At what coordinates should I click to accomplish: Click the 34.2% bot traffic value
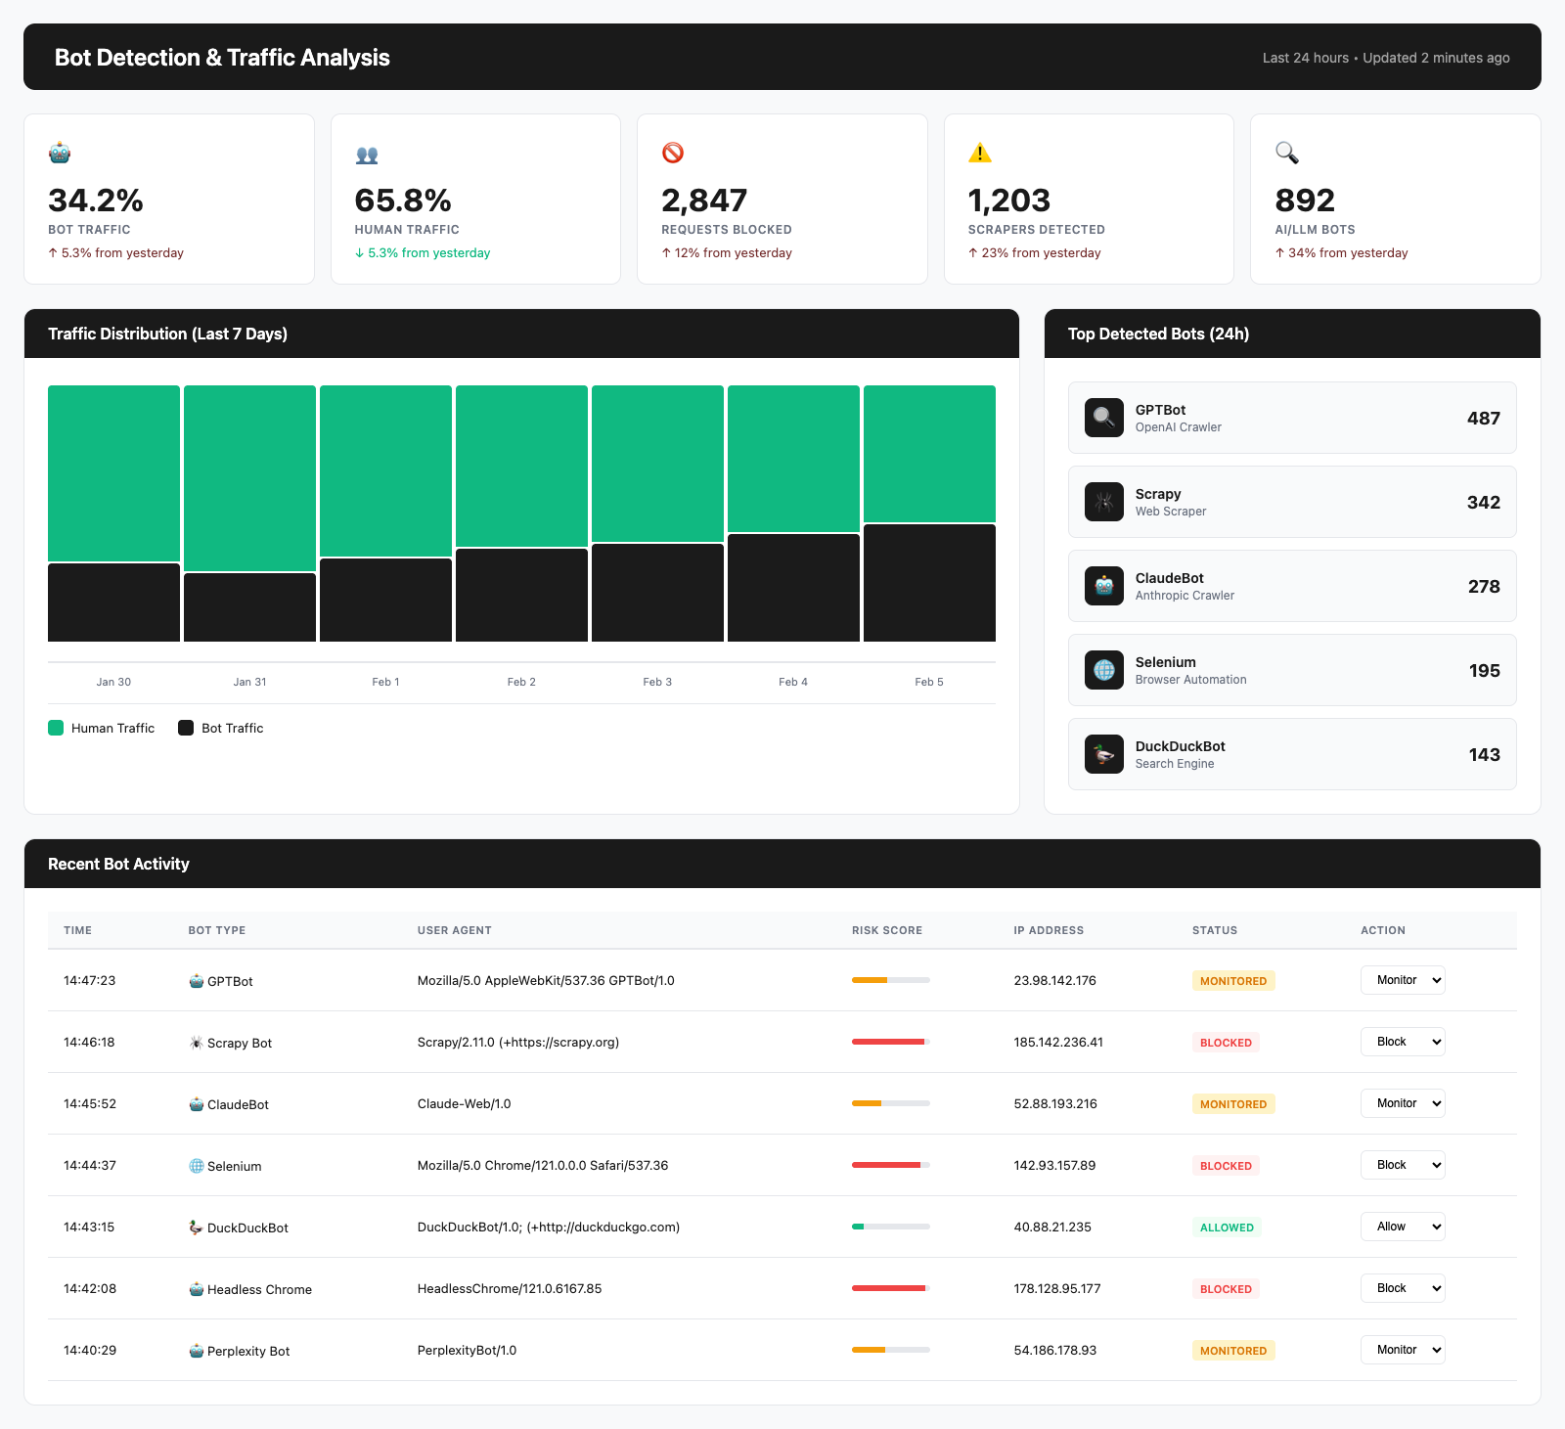pyautogui.click(x=96, y=201)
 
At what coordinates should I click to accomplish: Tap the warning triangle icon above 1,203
pyautogui.click(x=979, y=153)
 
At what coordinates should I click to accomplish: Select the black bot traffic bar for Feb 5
pyautogui.click(x=929, y=583)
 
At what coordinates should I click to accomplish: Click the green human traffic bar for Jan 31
pyautogui.click(x=249, y=477)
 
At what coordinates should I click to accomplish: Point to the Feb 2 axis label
pyautogui.click(x=521, y=682)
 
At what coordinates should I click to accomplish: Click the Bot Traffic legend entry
pyautogui.click(x=221, y=728)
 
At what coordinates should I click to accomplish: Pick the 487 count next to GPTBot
pyautogui.click(x=1483, y=419)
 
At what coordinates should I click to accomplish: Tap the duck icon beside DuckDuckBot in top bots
pyautogui.click(x=1104, y=754)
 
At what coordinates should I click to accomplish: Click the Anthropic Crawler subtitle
pyautogui.click(x=1185, y=596)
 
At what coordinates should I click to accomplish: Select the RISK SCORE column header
pyautogui.click(x=886, y=930)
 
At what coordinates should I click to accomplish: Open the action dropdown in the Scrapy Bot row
pyautogui.click(x=1403, y=1042)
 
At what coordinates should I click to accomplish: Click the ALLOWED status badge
pyautogui.click(x=1227, y=1228)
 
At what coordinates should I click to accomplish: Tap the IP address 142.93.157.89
pyautogui.click(x=1054, y=1166)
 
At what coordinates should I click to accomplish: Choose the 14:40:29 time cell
pyautogui.click(x=90, y=1351)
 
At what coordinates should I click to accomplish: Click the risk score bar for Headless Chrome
pyautogui.click(x=890, y=1288)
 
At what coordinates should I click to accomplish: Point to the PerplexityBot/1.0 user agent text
pyautogui.click(x=467, y=1351)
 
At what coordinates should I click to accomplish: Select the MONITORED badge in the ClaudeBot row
pyautogui.click(x=1232, y=1104)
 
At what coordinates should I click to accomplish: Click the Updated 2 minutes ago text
pyautogui.click(x=1436, y=58)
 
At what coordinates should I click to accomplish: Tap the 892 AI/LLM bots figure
pyautogui.click(x=1305, y=201)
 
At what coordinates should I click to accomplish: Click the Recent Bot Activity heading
pyautogui.click(x=118, y=864)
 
